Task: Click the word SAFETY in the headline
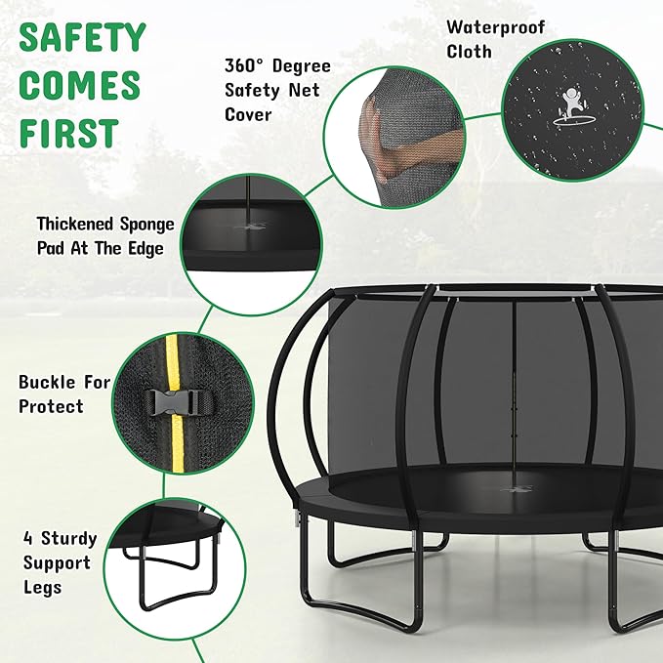(82, 38)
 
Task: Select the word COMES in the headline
(78, 86)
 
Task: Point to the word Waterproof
(496, 26)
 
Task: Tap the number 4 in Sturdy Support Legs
(28, 538)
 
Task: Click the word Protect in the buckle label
(51, 406)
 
